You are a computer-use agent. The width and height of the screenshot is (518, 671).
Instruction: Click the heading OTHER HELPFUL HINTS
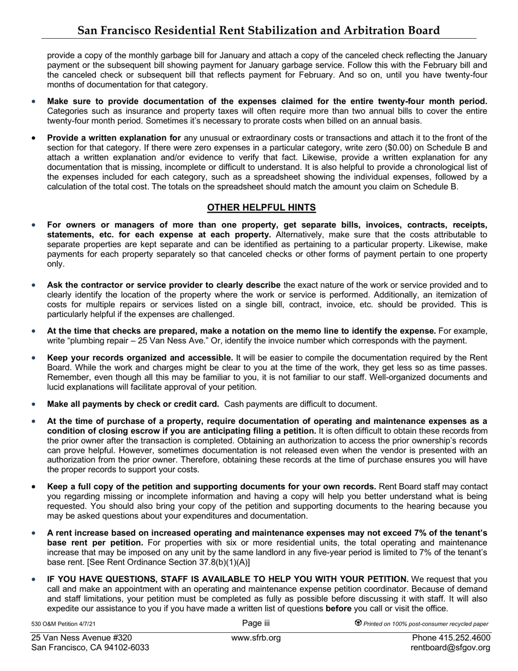click(x=261, y=207)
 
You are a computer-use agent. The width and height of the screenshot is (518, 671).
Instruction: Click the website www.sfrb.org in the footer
click(x=256, y=638)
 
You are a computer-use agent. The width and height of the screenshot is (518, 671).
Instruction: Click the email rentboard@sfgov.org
click(x=450, y=648)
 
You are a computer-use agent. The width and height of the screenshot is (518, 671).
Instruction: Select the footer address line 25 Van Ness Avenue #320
click(x=81, y=638)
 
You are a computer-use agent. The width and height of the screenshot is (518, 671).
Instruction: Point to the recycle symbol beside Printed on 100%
click(x=358, y=623)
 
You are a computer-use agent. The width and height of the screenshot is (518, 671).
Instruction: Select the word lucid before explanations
click(x=57, y=387)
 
